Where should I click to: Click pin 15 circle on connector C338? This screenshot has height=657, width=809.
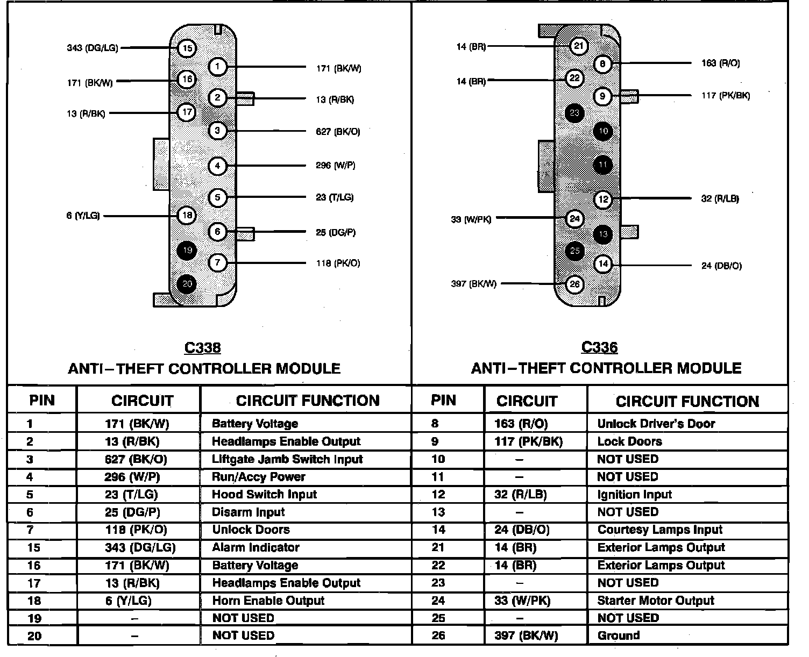click(187, 48)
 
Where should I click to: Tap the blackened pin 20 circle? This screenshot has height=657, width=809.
click(187, 284)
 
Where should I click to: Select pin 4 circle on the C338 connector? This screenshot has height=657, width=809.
click(217, 166)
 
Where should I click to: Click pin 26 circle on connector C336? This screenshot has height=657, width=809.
click(574, 284)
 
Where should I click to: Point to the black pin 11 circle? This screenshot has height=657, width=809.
click(603, 165)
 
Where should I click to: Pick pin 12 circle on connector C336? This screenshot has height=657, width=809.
click(603, 199)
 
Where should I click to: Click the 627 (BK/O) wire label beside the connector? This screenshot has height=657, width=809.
click(338, 132)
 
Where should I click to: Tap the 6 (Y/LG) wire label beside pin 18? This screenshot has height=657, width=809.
click(83, 216)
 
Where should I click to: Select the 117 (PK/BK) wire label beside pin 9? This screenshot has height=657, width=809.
click(726, 96)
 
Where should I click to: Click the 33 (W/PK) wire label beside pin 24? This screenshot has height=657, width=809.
click(471, 219)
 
